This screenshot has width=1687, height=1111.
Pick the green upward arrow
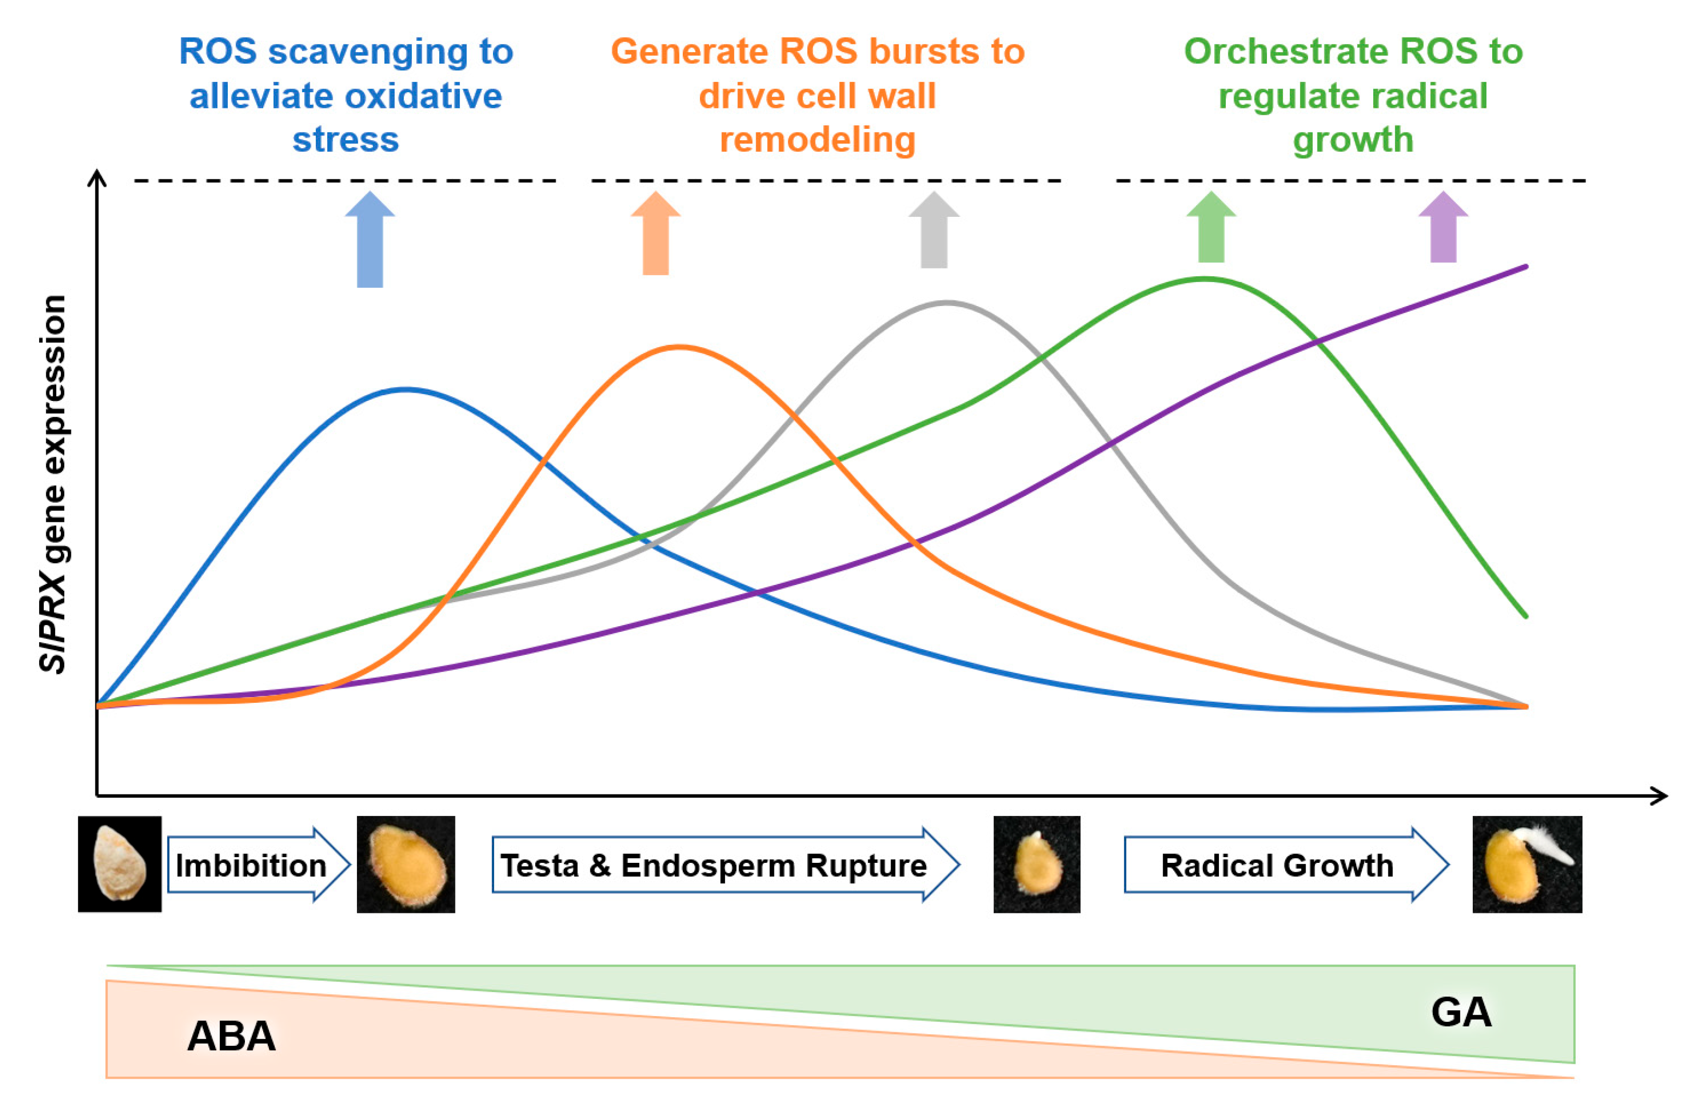coord(1211,228)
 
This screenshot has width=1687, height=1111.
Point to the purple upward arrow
coord(1443,228)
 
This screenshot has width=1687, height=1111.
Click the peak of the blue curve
coord(405,389)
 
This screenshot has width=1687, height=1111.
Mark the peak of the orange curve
coord(679,347)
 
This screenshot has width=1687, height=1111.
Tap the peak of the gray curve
coord(946,303)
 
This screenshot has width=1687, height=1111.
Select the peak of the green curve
coord(1205,278)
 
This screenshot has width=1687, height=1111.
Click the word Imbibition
coord(251,865)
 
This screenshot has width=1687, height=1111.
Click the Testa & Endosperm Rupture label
coord(713,865)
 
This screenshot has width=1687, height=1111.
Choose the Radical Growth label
coord(1277,865)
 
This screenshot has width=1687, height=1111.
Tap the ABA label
coord(231,1036)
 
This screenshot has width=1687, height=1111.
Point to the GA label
coord(1461,1012)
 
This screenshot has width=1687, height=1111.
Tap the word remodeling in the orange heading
coord(817,140)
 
